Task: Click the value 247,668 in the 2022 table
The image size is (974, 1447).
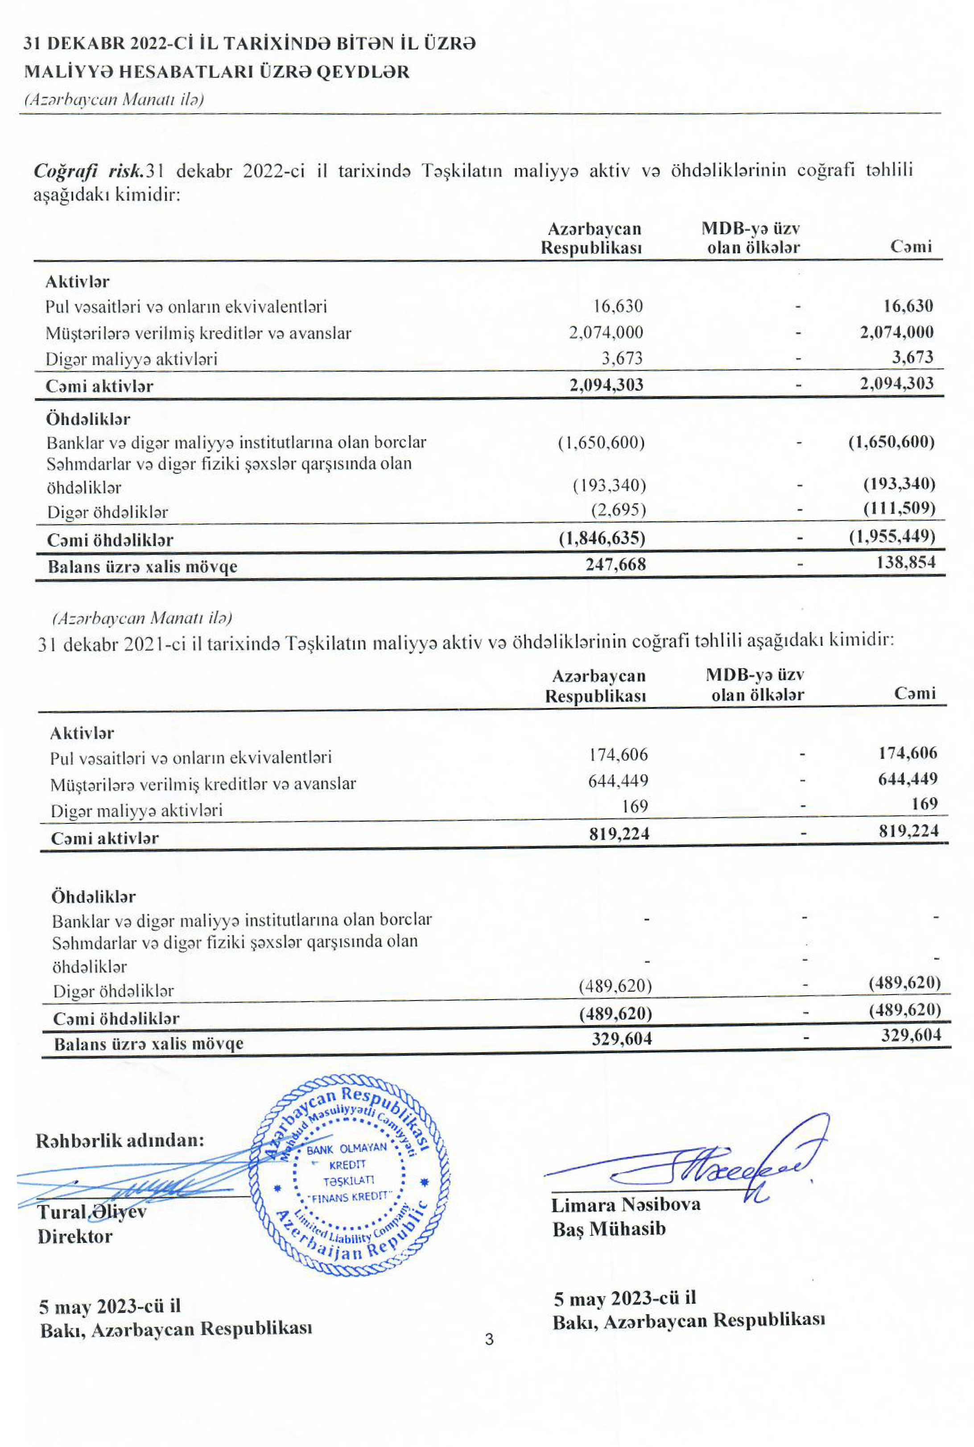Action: point(615,564)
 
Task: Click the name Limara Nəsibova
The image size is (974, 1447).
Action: point(626,1205)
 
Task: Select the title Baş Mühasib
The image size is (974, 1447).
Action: point(609,1229)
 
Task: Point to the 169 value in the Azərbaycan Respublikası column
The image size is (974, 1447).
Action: point(635,806)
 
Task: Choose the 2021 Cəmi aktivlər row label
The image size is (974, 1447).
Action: point(104,838)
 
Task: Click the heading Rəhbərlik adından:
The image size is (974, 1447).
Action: point(120,1141)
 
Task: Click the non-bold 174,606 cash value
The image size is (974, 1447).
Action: point(618,755)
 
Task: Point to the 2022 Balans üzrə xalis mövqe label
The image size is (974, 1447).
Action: point(142,566)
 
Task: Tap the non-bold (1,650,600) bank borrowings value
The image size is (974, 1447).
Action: point(601,443)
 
